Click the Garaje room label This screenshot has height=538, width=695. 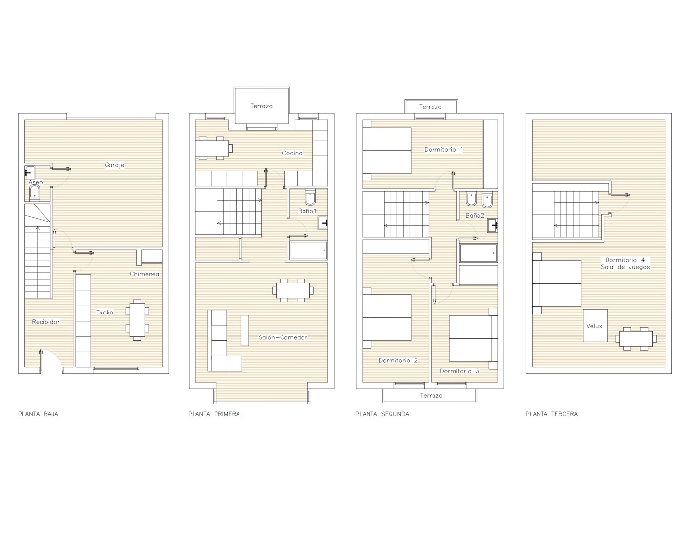coord(114,165)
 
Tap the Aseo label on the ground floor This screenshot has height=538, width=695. coord(36,182)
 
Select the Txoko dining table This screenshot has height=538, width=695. coord(137,320)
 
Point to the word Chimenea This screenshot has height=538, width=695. coord(145,274)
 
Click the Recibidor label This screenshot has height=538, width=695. coord(46,322)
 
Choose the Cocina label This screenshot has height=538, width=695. coord(292,153)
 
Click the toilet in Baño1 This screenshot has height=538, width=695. coord(310,198)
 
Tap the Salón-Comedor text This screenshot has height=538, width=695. coord(282,337)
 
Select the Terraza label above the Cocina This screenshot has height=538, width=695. coord(261,106)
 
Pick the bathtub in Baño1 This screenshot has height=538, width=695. coord(308,250)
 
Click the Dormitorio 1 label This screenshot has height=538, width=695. coord(444,150)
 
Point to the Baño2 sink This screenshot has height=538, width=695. coord(493,225)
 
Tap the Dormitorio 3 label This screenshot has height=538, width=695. coord(459,371)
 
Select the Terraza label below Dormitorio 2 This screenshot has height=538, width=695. coord(431,396)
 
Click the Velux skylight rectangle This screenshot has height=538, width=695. coord(595,326)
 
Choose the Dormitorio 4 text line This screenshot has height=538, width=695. coord(625,260)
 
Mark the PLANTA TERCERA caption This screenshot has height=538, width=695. coord(552,414)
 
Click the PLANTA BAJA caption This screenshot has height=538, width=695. coord(38,414)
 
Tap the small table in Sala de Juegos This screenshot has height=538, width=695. coord(636,339)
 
